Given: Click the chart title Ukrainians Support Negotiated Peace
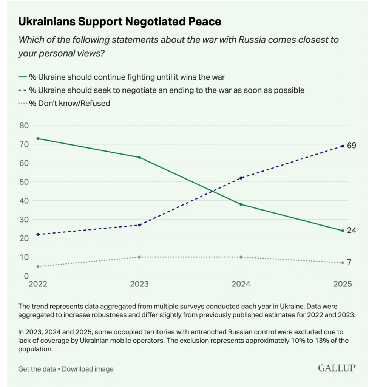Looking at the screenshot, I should click(119, 22).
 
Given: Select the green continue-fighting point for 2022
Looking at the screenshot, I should click(38, 138).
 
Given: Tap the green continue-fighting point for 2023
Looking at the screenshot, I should click(139, 157).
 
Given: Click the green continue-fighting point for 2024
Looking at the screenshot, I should click(241, 204).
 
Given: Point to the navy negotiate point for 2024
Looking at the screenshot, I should click(241, 178).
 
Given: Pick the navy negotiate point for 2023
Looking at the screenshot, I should click(139, 225).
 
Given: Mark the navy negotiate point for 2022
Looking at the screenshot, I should click(38, 234).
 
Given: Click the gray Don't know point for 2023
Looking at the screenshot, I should click(139, 257).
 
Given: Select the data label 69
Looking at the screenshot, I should click(352, 146).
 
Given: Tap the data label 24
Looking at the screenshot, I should click(352, 230).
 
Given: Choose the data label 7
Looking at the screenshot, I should click(349, 262).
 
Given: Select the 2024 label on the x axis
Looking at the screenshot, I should click(241, 285).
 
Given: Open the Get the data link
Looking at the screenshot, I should click(37, 369).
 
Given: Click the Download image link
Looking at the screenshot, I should click(88, 369).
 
